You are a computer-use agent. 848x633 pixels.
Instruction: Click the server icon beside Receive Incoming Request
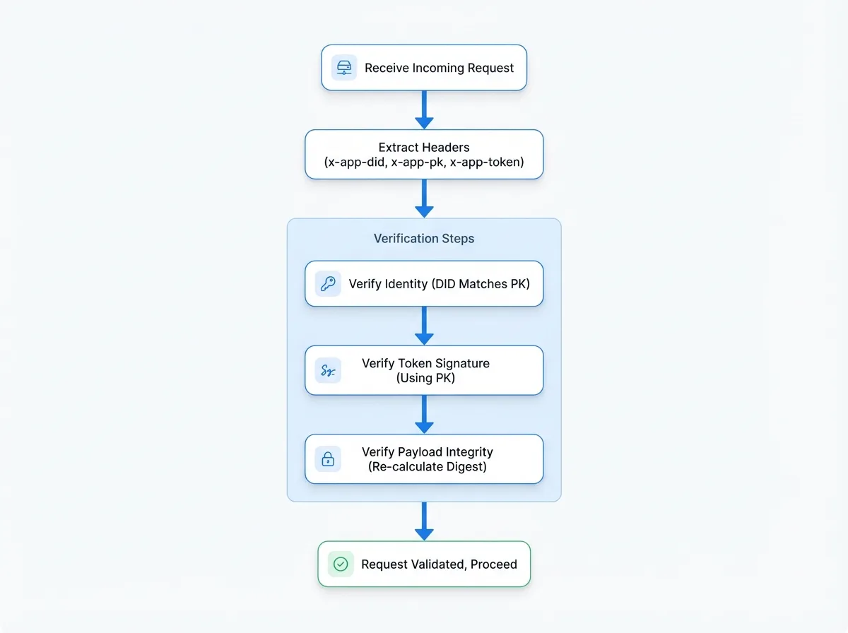pos(344,68)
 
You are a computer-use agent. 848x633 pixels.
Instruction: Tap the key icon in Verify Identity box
pos(328,283)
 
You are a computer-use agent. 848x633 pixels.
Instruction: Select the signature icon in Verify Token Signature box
pos(328,370)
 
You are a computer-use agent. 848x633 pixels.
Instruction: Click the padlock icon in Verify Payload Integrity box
pos(328,459)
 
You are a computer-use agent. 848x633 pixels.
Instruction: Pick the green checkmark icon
pos(341,564)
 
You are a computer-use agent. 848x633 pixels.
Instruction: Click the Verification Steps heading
pos(424,238)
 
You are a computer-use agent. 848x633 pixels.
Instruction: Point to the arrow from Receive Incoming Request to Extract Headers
pos(424,110)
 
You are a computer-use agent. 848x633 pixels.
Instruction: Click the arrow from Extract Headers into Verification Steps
pos(424,198)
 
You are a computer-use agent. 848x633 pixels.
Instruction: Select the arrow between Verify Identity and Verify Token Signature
pos(424,326)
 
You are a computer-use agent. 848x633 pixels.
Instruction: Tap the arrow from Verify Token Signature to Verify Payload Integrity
pos(424,414)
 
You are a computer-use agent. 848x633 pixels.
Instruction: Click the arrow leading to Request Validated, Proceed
pos(424,521)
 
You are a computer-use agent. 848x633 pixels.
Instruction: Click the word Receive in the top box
pos(387,68)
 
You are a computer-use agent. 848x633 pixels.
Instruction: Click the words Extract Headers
pos(424,147)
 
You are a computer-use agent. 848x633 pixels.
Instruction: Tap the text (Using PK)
pos(425,378)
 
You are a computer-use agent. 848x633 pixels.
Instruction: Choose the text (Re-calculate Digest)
pos(427,466)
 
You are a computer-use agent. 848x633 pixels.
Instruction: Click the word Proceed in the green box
pos(493,564)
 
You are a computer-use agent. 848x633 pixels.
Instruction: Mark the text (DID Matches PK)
pos(481,284)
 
